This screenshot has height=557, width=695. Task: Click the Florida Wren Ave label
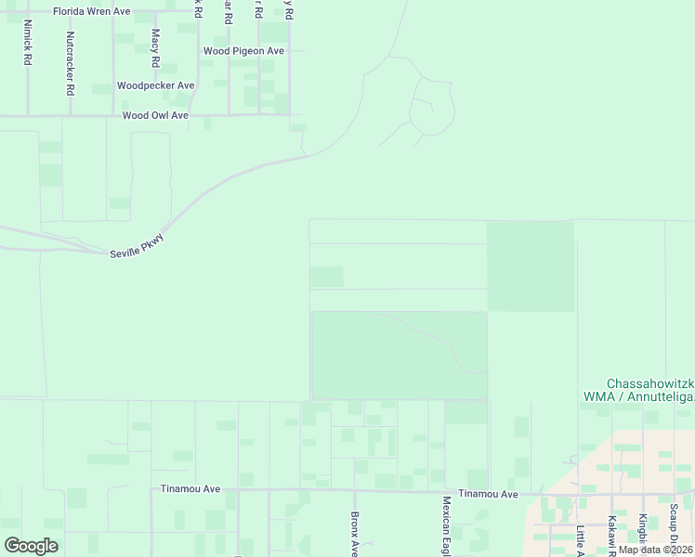pos(91,11)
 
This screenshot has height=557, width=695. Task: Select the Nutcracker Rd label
pos(70,64)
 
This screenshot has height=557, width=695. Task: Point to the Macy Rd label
pos(155,49)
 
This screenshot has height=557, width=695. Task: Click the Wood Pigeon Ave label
pos(243,51)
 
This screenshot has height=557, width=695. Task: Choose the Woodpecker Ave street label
pos(155,85)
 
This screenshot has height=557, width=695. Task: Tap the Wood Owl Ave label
pos(155,116)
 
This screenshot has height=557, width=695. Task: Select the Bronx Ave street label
pos(354,535)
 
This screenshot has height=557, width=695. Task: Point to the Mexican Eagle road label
pos(446,525)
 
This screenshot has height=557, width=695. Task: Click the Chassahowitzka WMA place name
pos(650,390)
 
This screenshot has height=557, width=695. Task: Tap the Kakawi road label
pos(612,535)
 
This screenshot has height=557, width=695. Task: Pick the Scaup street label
pos(673,525)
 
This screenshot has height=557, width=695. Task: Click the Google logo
pos(31,546)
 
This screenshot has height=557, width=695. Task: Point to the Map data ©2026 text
pos(655,550)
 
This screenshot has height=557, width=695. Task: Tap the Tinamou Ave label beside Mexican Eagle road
pos(488,495)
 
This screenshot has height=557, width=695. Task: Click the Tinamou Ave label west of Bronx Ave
pos(190,488)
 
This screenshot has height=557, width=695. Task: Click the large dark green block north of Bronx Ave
pos(400,355)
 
